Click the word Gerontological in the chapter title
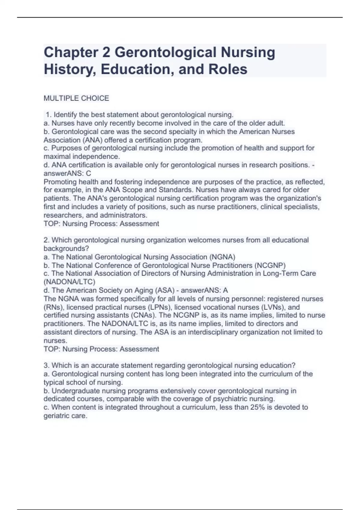(165, 52)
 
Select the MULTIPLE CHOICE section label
(76, 98)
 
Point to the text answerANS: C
(67, 173)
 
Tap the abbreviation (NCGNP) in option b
(270, 265)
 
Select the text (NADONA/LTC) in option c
(69, 282)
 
